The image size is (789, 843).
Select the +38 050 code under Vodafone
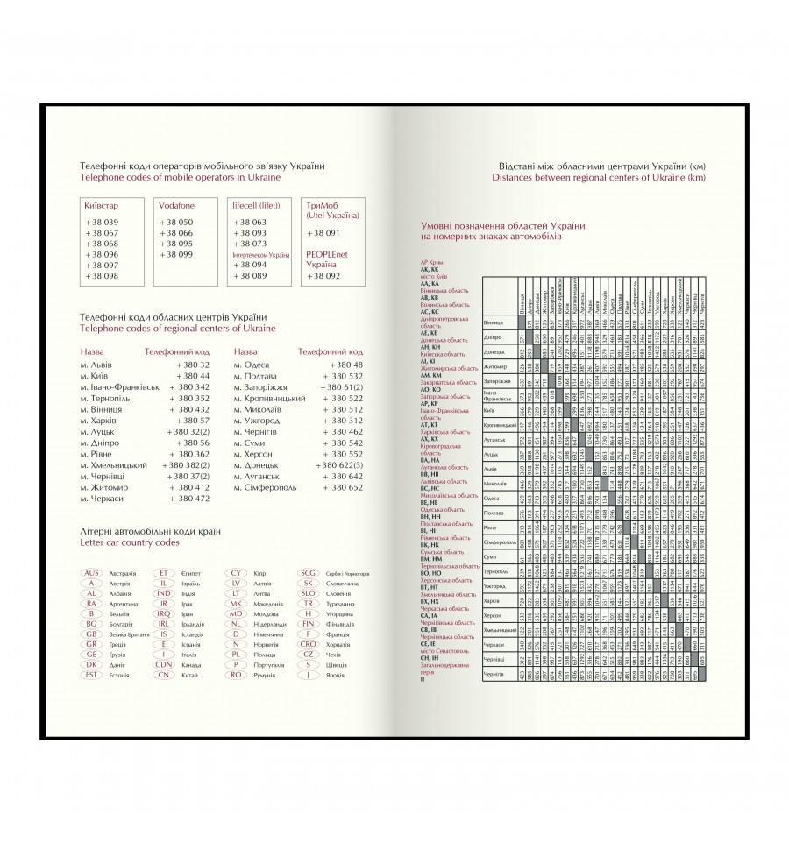point(179,223)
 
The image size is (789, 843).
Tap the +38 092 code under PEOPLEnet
point(323,275)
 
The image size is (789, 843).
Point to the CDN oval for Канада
point(163,663)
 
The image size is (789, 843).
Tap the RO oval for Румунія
point(235,675)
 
